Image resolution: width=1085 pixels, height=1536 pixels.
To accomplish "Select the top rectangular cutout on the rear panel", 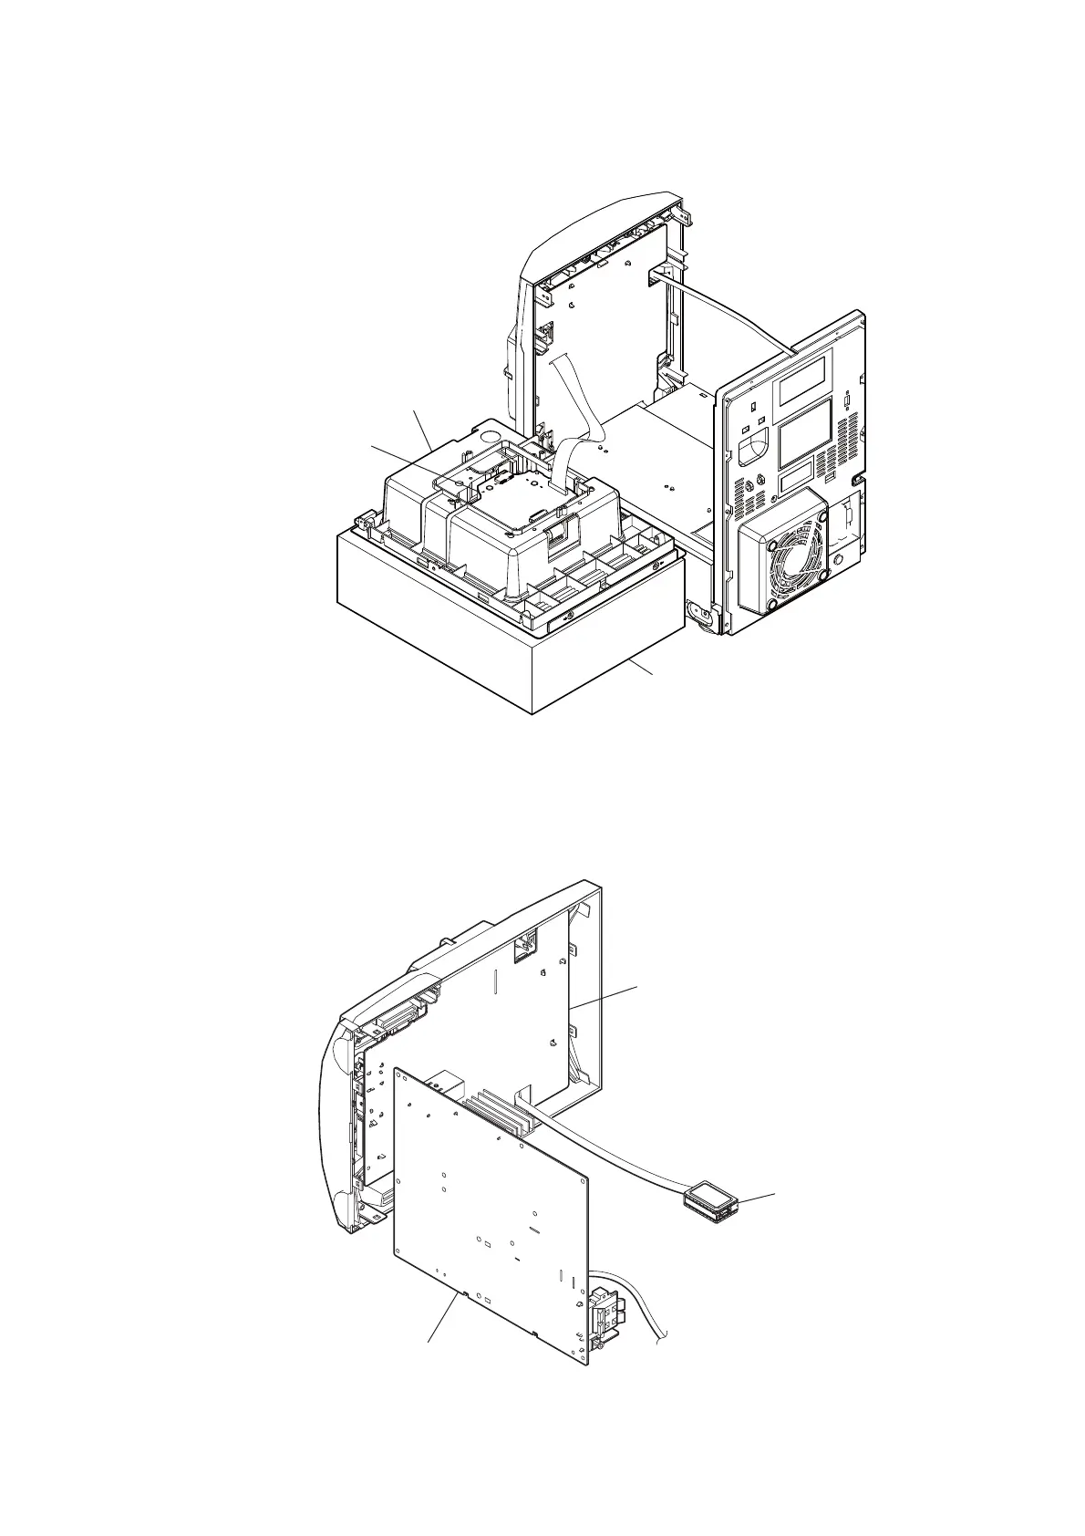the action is click(x=801, y=379).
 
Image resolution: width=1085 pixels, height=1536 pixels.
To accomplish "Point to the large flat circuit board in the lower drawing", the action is click(x=492, y=1213).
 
